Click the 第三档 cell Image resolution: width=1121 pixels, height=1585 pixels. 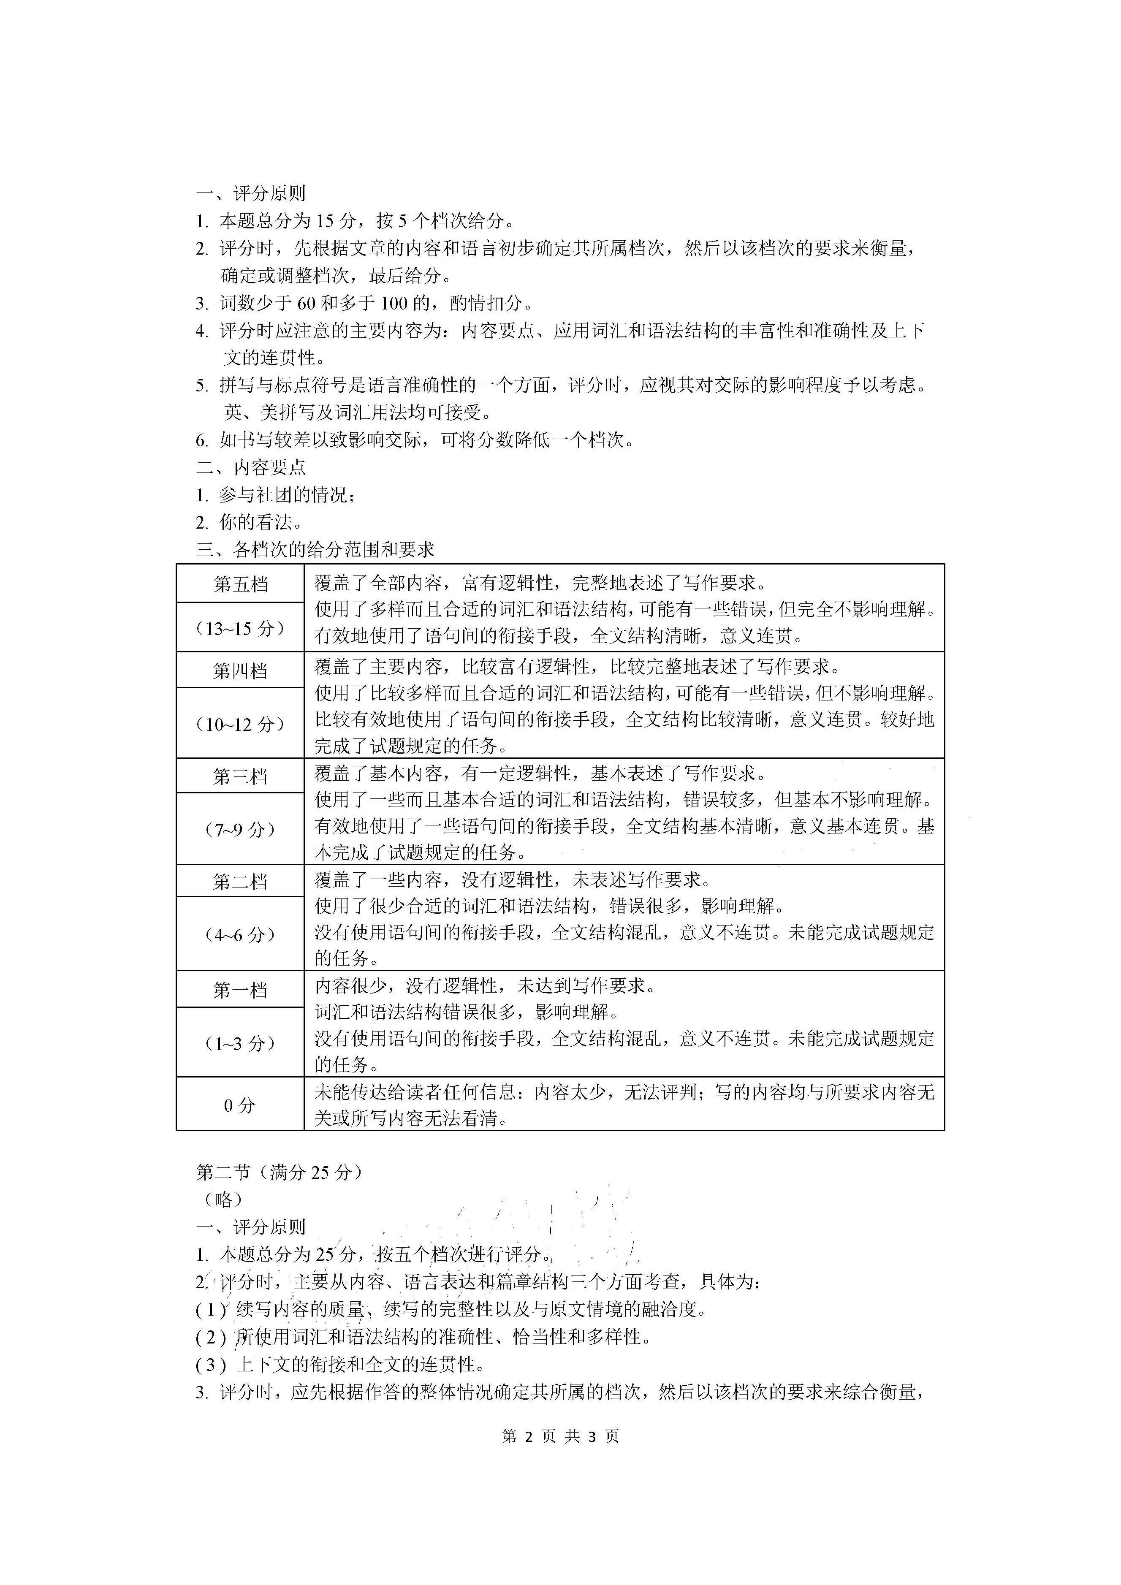tap(240, 776)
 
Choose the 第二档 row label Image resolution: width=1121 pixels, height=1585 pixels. tap(240, 882)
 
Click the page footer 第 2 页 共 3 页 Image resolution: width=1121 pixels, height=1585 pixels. tap(561, 1436)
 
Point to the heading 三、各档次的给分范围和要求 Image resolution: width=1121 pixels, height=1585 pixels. tap(315, 549)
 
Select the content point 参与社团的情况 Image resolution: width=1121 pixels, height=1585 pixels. tap(286, 495)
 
